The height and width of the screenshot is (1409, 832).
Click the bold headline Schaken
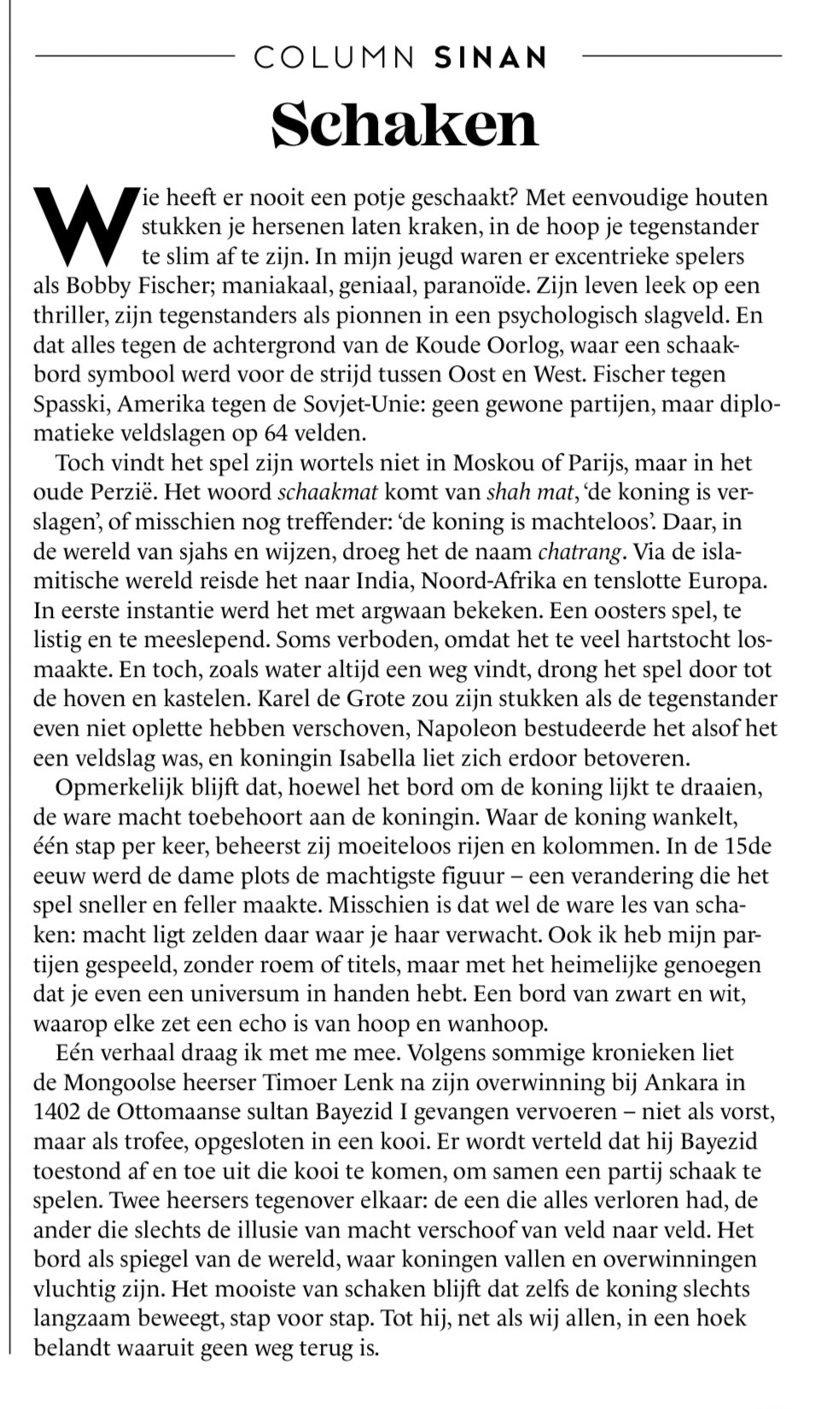[404, 125]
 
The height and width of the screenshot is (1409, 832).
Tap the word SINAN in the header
[491, 57]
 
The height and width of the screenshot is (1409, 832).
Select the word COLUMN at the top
[335, 57]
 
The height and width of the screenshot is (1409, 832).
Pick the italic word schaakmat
[329, 492]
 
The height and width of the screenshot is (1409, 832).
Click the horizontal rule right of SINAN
[681, 56]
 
